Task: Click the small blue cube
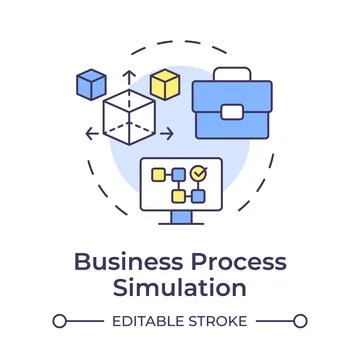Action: click(92, 82)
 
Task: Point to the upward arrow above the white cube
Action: click(127, 77)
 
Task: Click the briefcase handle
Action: click(231, 76)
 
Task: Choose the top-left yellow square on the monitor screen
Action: click(158, 174)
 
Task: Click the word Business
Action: click(120, 264)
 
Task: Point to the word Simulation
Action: click(180, 290)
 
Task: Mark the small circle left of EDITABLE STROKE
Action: click(60, 322)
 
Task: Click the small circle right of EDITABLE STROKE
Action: click(300, 322)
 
